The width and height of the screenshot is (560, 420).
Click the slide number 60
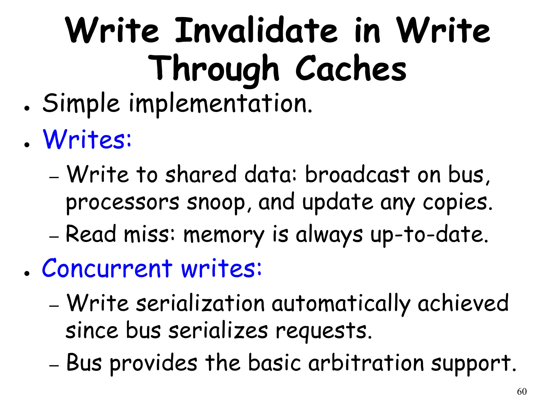coord(522,392)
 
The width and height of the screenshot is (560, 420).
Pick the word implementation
coord(220,104)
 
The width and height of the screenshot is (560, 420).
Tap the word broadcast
coord(357,174)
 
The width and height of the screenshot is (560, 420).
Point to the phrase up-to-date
coord(429,235)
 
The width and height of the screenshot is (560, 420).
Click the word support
coord(473,363)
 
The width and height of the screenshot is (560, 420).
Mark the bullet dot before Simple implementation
coord(27,108)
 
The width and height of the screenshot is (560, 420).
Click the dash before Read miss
coord(54,237)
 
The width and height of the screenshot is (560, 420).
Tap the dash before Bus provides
coord(54,366)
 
